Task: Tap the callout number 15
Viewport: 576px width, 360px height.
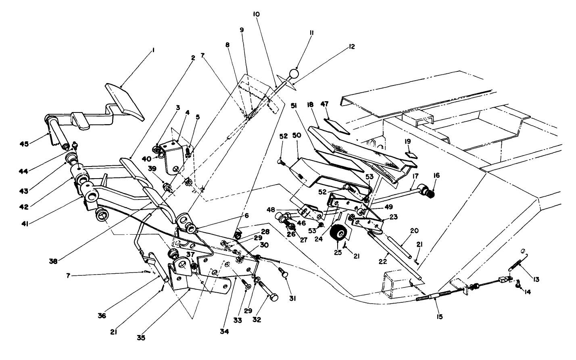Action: (439, 317)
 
